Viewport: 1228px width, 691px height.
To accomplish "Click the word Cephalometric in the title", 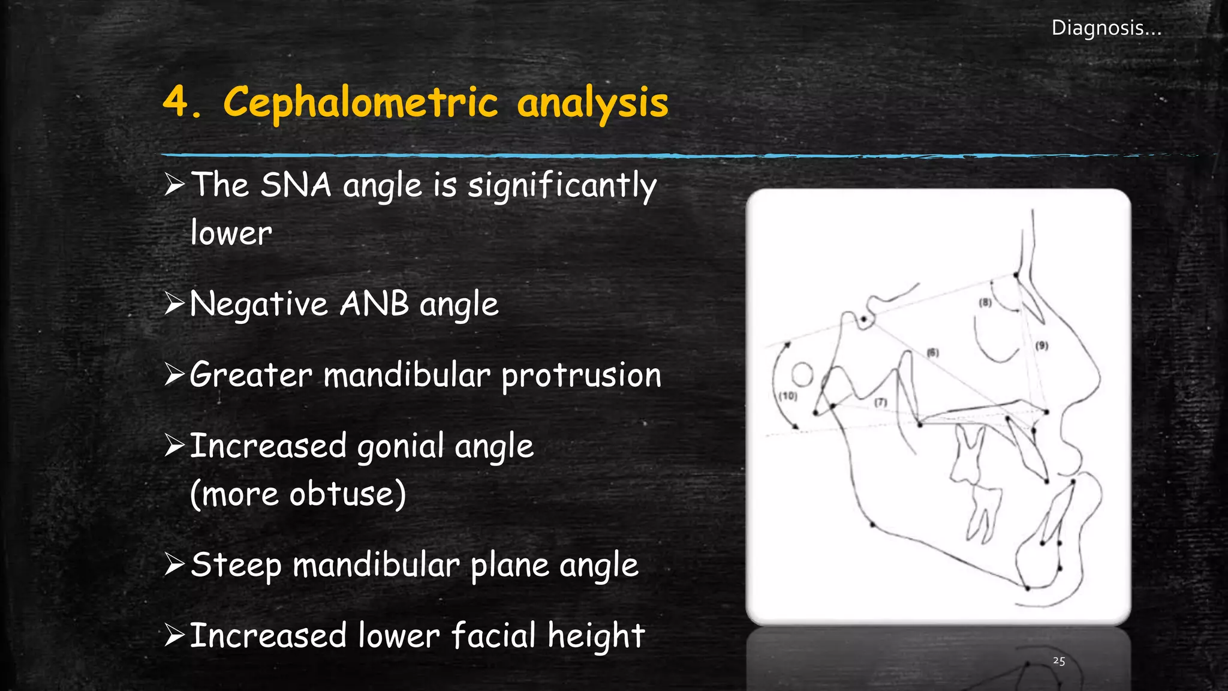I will (360, 103).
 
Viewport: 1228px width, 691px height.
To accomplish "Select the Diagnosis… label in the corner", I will (1106, 28).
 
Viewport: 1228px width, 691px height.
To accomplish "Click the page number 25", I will (1059, 661).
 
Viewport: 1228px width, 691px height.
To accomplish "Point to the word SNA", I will (296, 184).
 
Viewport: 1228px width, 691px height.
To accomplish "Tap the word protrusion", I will (581, 375).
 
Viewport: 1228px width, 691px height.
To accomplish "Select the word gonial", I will (401, 446).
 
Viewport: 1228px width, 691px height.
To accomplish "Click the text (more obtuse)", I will (298, 494).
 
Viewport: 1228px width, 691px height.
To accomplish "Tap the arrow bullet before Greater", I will (174, 375).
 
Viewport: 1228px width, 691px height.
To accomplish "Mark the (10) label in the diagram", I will (788, 396).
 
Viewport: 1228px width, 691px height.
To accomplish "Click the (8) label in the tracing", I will (985, 302).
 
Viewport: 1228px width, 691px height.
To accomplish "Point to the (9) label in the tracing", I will (1042, 345).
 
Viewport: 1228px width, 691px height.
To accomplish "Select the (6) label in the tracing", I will (933, 353).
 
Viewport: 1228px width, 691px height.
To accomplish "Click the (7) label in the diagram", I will (880, 402).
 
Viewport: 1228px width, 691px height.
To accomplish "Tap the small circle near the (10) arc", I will (802, 375).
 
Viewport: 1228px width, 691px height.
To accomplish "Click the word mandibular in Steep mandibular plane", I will (376, 565).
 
